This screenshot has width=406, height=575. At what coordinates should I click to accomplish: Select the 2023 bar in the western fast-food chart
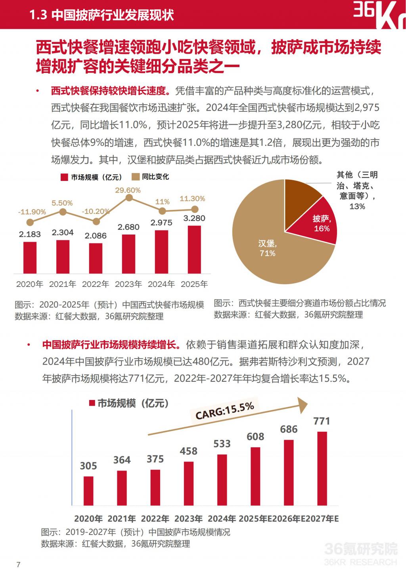[x=128, y=254]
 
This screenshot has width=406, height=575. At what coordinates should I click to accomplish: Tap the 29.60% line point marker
[x=128, y=198]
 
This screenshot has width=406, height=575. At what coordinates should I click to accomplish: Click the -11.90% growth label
[x=32, y=212]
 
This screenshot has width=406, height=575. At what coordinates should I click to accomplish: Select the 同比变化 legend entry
[x=151, y=177]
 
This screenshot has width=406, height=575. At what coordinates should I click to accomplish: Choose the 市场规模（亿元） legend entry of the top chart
[x=91, y=177]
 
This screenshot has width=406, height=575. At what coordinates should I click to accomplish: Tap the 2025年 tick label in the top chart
[x=194, y=284]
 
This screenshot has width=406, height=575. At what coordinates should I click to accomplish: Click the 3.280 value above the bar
[x=194, y=218]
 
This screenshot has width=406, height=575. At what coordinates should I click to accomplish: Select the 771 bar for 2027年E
[x=322, y=468]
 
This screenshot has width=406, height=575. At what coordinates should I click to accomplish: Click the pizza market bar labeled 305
[x=88, y=490]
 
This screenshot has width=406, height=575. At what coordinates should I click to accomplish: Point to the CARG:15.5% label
[x=225, y=410]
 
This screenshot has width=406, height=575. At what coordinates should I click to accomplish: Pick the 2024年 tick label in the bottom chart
[x=222, y=519]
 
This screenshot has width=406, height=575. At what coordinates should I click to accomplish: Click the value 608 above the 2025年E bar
[x=255, y=437]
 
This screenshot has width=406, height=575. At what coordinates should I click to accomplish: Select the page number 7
[x=18, y=564]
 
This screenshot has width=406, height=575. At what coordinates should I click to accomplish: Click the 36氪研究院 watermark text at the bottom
[x=360, y=549]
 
